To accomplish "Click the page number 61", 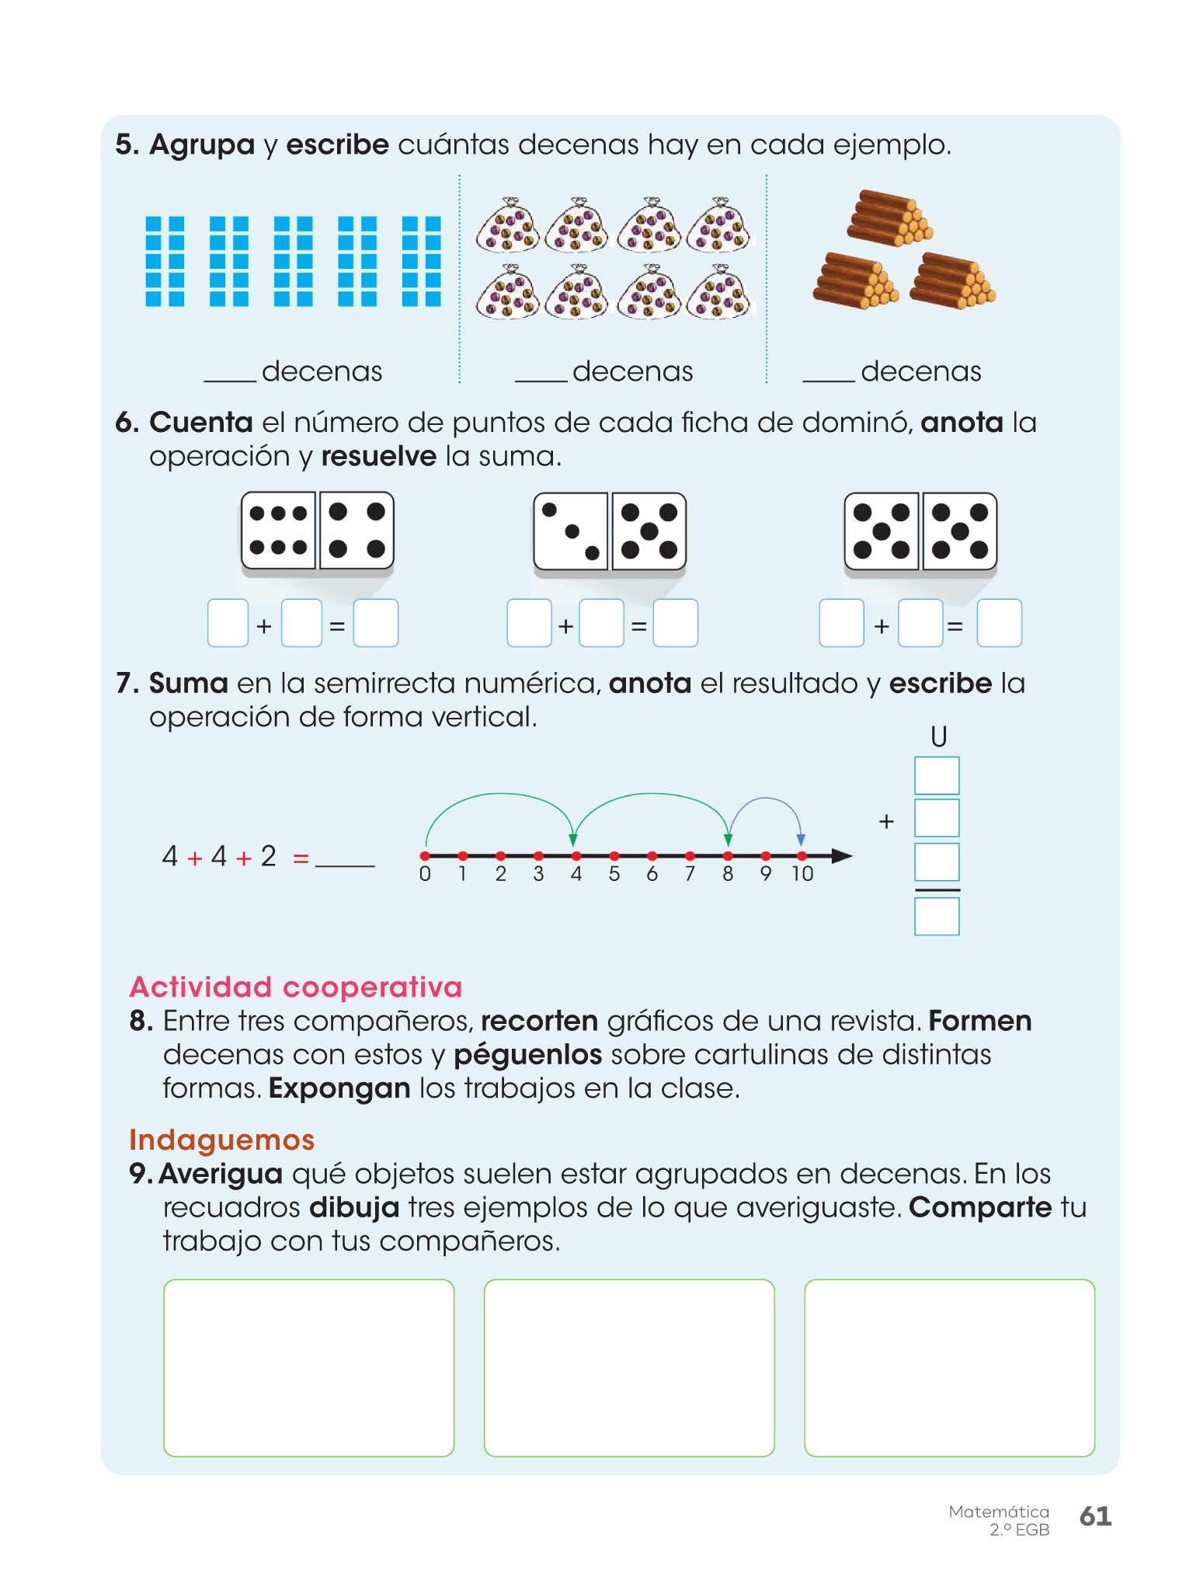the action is tap(1095, 1516).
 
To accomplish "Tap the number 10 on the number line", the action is tap(802, 874).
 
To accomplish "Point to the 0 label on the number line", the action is tap(425, 874).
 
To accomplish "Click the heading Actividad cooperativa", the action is tap(296, 987).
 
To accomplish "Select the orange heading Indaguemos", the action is tap(222, 1140).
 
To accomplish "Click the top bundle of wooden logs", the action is tap(889, 218).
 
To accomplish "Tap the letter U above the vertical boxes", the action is tap(938, 736).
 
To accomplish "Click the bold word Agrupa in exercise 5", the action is tap(202, 145).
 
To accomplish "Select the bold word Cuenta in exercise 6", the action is tap(201, 423).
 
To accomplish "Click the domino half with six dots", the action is tap(279, 531).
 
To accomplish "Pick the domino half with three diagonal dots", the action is tap(571, 531).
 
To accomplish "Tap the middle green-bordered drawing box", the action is tap(629, 1368).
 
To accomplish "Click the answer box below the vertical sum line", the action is tap(937, 917).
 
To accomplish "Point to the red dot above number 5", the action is tap(614, 856).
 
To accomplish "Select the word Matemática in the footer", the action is tap(999, 1512).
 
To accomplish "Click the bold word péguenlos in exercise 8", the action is tap(528, 1055).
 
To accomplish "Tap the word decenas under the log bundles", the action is tap(921, 371).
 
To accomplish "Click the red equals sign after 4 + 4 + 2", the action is tap(301, 858).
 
